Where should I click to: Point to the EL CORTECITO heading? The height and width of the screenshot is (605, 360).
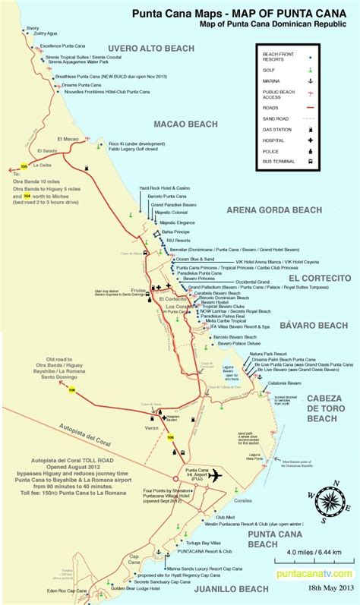[x=319, y=279]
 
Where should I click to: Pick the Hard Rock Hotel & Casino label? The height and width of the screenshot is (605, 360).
[x=164, y=187]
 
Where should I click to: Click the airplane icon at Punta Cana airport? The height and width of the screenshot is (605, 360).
[x=213, y=475]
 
